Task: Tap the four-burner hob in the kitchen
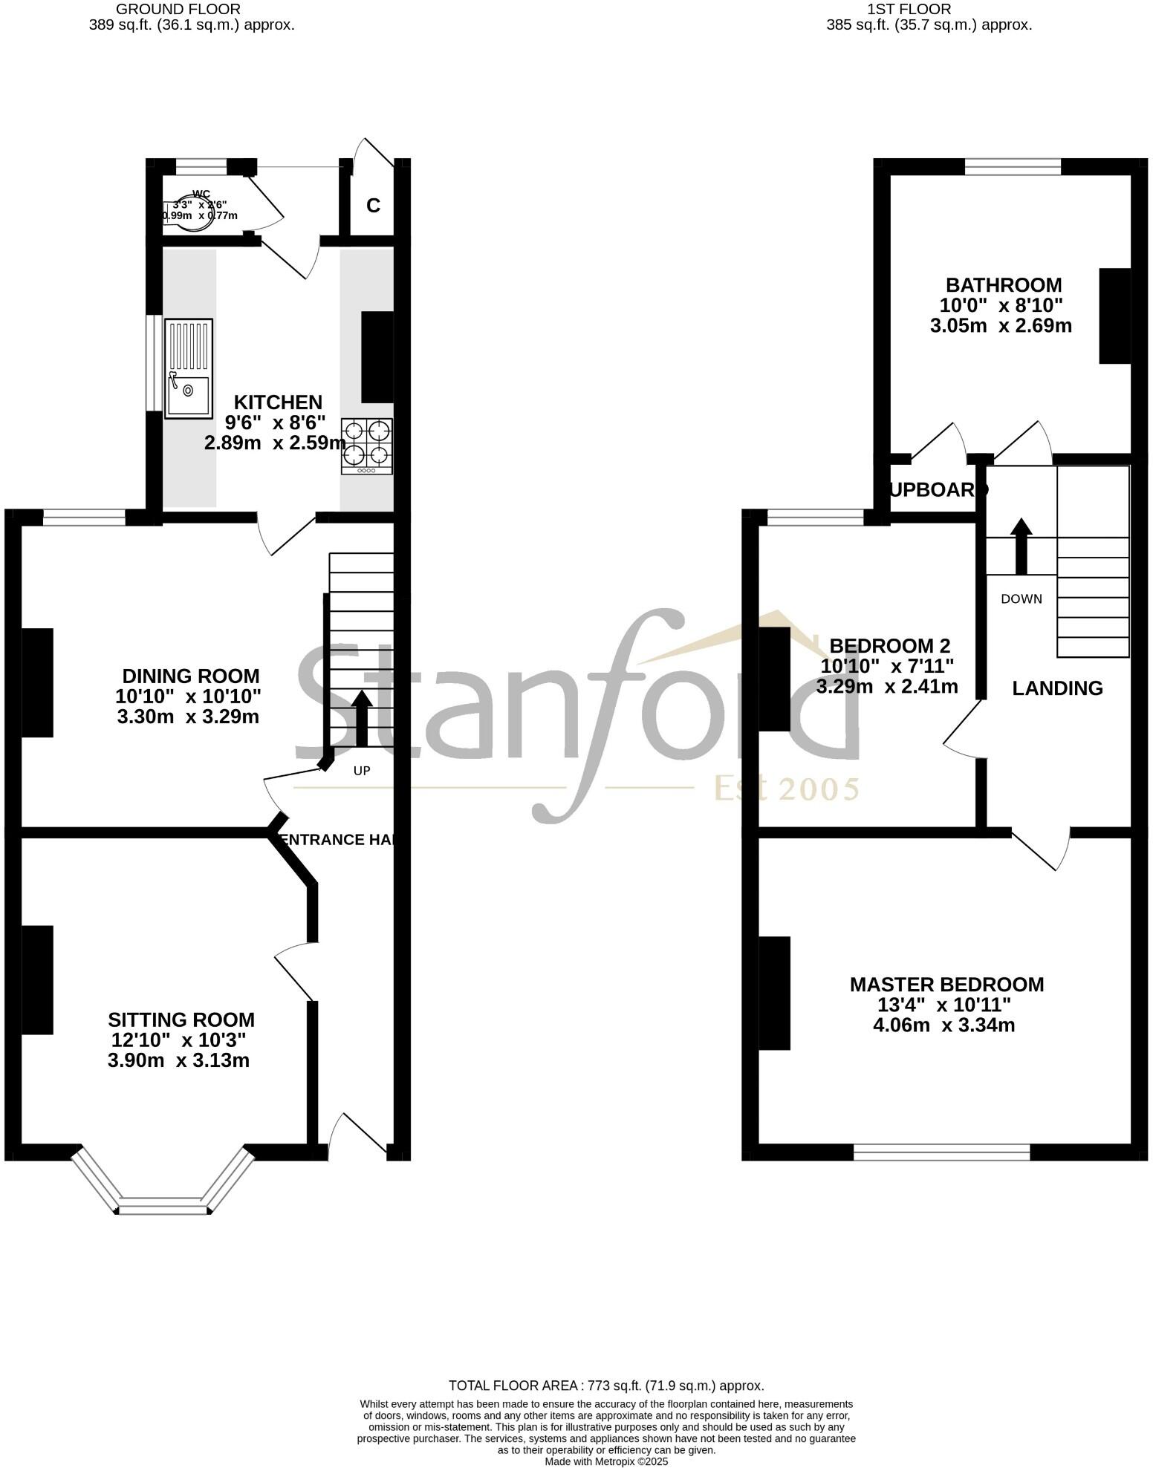[x=367, y=446]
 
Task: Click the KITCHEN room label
[x=278, y=402]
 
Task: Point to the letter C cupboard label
[x=373, y=206]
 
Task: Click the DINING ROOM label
[x=191, y=676]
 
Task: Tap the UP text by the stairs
[x=362, y=771]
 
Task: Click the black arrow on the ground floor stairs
[x=362, y=717]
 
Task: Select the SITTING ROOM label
[x=181, y=1020]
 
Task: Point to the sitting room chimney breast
[x=37, y=979]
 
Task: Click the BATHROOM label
[x=1003, y=285]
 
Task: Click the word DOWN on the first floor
[x=1022, y=599]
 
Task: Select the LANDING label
[x=1057, y=688]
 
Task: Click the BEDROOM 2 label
[x=889, y=645]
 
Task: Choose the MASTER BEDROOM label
[x=946, y=985]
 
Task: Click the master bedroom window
[x=941, y=1152]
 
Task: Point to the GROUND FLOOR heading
[x=178, y=9]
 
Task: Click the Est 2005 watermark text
[x=786, y=789]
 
